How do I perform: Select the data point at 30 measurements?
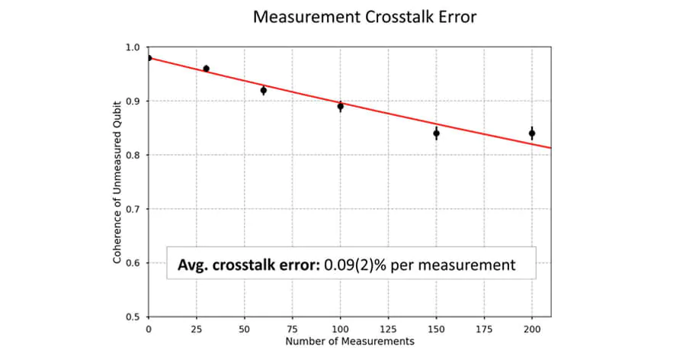(x=206, y=69)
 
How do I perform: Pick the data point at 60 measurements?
(x=264, y=90)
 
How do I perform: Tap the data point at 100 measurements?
(x=341, y=106)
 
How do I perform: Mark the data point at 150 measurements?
(x=436, y=133)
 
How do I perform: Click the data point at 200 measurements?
(x=532, y=133)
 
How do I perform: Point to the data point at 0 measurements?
(x=149, y=58)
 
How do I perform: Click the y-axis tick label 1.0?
(x=133, y=47)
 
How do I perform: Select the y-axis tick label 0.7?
(x=133, y=209)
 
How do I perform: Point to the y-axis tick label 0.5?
(x=133, y=317)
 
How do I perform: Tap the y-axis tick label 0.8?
(x=133, y=155)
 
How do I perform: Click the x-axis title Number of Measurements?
(x=350, y=341)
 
